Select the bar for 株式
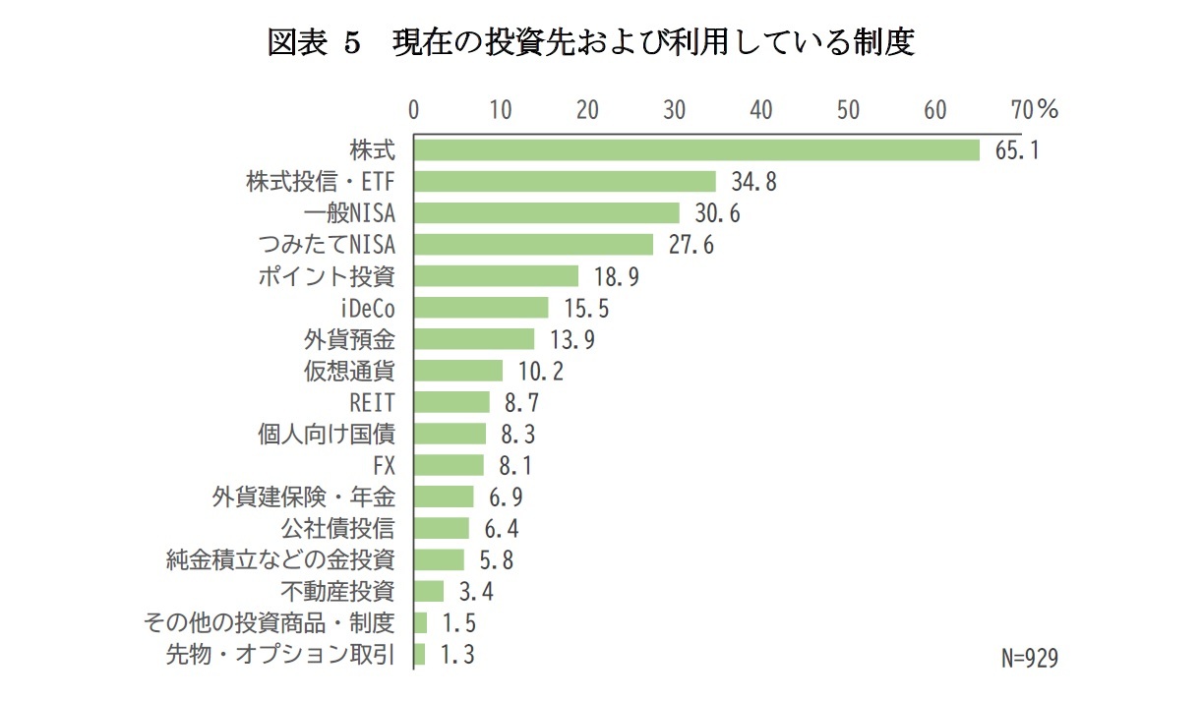(x=696, y=149)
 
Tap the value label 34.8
(x=753, y=182)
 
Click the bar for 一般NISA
(x=546, y=213)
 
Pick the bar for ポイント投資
(x=496, y=276)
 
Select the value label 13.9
(x=571, y=339)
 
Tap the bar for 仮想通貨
(x=458, y=371)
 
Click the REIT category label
(x=372, y=402)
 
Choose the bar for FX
(x=449, y=465)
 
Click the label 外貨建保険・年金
(x=303, y=497)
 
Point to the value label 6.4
(x=502, y=528)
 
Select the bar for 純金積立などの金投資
(x=439, y=559)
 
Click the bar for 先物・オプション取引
(x=420, y=654)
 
